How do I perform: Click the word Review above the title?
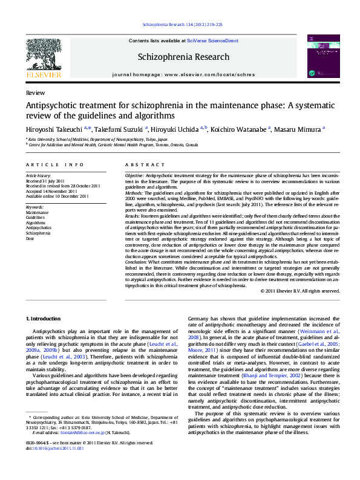35,93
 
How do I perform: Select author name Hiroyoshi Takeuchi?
56,128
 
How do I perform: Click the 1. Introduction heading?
44,318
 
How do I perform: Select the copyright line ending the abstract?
300,291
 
